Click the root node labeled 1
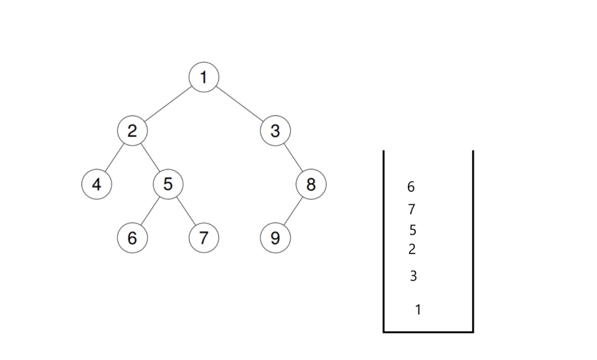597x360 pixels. point(204,77)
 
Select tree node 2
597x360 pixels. point(132,131)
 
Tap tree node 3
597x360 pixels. point(275,131)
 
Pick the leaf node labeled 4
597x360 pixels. point(97,184)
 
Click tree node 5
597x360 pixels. point(168,184)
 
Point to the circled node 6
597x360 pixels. point(132,238)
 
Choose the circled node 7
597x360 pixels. point(204,238)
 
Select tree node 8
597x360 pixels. point(311,184)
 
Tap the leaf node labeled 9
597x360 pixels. point(275,238)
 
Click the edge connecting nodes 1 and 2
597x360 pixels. point(168,104)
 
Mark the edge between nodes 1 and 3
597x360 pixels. point(239,104)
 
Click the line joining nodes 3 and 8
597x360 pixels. point(293,157)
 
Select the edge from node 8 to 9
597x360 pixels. point(293,211)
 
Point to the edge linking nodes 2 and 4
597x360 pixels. point(114,157)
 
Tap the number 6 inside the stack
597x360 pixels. point(411,187)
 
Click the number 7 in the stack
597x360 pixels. point(412,209)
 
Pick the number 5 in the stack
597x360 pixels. point(412,230)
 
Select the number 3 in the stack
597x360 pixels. point(413,276)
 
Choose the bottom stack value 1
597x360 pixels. point(418,309)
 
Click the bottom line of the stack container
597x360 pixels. point(428,332)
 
